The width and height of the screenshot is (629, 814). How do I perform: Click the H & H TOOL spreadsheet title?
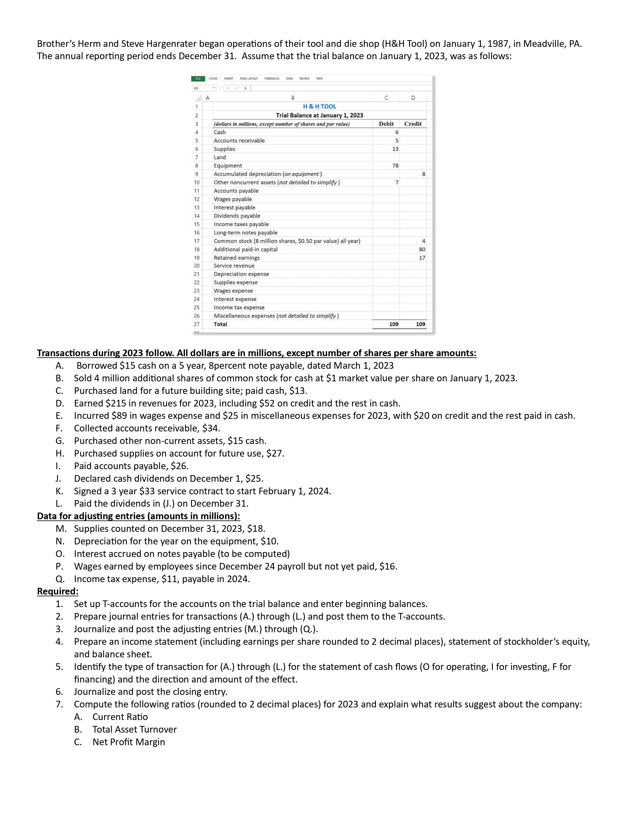pyautogui.click(x=319, y=107)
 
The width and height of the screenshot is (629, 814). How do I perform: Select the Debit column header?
pyautogui.click(x=386, y=124)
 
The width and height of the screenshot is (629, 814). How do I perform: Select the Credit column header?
pyautogui.click(x=413, y=124)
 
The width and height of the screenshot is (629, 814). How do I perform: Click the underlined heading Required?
pyautogui.click(x=58, y=592)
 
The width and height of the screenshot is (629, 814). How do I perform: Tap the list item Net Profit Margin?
pyautogui.click(x=129, y=742)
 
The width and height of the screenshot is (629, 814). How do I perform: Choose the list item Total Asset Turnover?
pyautogui.click(x=134, y=729)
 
